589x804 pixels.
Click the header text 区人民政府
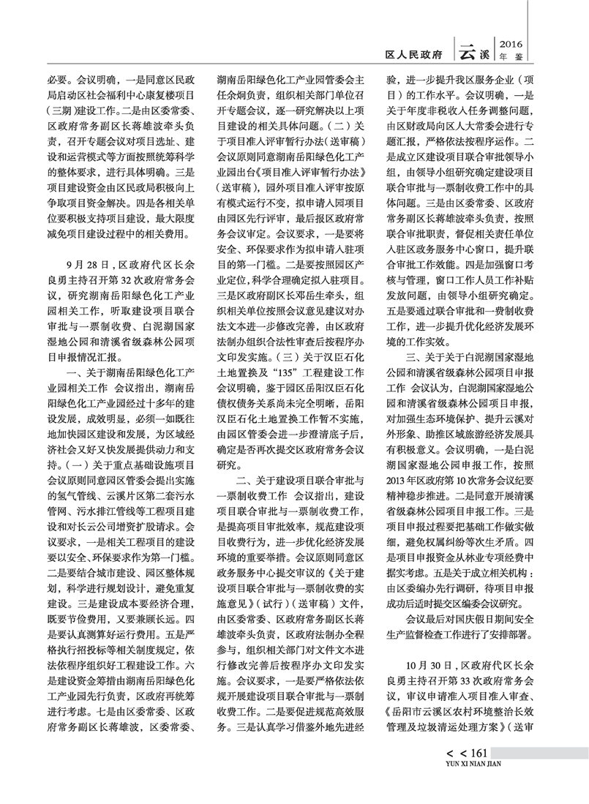[x=415, y=54]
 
